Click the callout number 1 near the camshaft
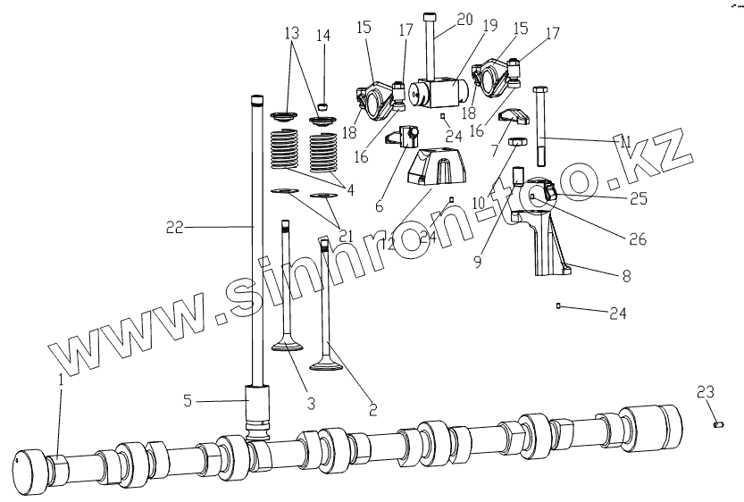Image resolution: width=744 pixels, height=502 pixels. (x=61, y=379)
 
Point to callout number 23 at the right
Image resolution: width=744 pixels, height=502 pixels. (x=706, y=390)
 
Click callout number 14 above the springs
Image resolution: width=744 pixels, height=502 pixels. (x=322, y=36)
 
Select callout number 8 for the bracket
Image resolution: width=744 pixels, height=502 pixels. (x=625, y=277)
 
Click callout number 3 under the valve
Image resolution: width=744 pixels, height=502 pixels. (x=310, y=404)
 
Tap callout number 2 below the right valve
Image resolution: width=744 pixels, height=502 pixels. (x=372, y=410)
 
